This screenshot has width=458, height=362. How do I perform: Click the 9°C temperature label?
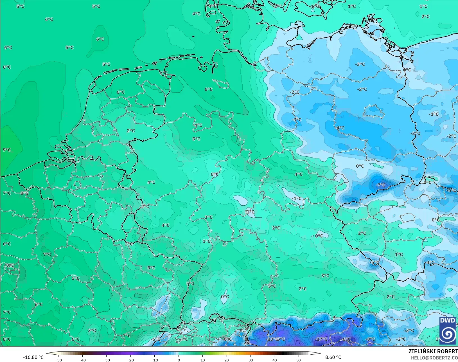point(7,150)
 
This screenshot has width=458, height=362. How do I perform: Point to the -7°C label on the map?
point(381,185)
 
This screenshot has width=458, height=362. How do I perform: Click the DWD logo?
point(448,330)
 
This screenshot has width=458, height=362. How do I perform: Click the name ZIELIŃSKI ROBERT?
point(433,352)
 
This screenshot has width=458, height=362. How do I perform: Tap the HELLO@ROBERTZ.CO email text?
point(434,358)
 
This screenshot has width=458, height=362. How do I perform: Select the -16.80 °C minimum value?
point(33,357)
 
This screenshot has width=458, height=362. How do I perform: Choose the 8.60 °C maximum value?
point(333,357)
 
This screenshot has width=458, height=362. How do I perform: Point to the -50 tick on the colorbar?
point(58,360)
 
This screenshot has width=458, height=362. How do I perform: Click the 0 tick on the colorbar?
point(179,360)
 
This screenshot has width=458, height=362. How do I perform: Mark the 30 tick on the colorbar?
point(251,360)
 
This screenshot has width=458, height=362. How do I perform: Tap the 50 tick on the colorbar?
point(299,360)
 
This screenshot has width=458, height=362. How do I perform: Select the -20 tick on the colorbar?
point(130,360)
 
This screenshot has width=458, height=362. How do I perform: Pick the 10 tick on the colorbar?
point(202,360)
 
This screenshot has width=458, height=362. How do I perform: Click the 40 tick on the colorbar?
point(274,360)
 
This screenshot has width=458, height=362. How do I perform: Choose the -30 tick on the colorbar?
point(106,360)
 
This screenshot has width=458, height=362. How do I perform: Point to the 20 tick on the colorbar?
point(227,360)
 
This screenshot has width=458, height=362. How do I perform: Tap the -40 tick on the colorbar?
point(82,360)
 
